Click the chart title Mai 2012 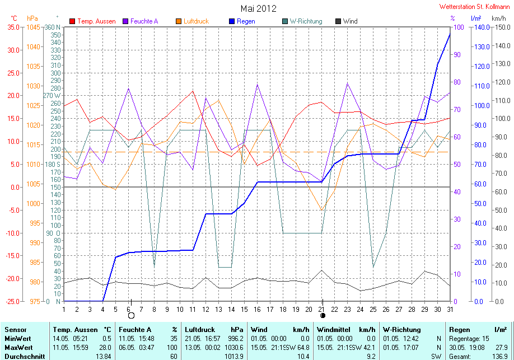click(x=258, y=8)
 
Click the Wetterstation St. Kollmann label click(x=474, y=7)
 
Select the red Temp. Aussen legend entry click(x=92, y=21)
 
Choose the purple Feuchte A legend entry click(x=141, y=21)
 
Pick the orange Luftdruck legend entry click(x=193, y=21)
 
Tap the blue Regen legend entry click(x=242, y=21)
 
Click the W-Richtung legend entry click(x=302, y=21)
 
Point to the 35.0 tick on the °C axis click(x=13, y=27)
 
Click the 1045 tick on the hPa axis click(x=33, y=27)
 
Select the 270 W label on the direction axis click(x=52, y=96)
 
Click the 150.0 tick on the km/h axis click(x=503, y=27)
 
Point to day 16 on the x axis click(x=257, y=309)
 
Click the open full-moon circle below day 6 click(x=131, y=315)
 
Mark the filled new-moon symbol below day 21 click(x=323, y=315)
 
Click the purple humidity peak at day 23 click(x=348, y=83)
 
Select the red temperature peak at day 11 click(x=193, y=91)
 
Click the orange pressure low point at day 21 click(x=321, y=210)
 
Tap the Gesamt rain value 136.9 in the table click(x=500, y=357)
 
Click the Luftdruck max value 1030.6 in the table click(x=234, y=348)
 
